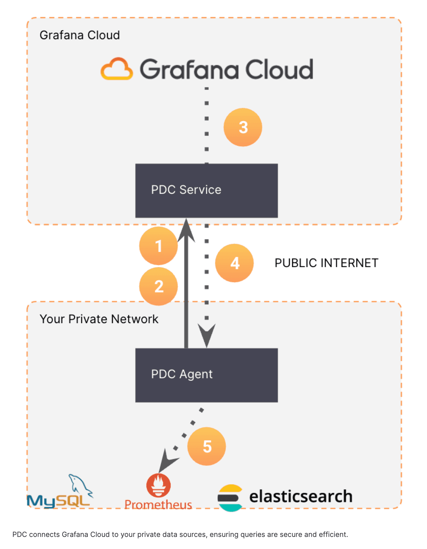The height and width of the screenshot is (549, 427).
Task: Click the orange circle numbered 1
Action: pyautogui.click(x=158, y=246)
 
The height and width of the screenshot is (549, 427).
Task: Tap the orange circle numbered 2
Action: pyautogui.click(x=158, y=286)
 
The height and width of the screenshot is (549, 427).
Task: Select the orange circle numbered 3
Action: pyautogui.click(x=243, y=127)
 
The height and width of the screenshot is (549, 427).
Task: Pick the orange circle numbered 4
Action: pyautogui.click(x=234, y=263)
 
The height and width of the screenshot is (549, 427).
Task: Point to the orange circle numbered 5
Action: pyautogui.click(x=207, y=446)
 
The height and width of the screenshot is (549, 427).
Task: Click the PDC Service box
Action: pyautogui.click(x=206, y=191)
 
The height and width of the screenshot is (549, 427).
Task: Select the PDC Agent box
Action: pyautogui.click(x=206, y=375)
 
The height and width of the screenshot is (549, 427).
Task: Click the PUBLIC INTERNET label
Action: pyautogui.click(x=326, y=263)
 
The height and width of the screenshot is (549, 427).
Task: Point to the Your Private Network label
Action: pyautogui.click(x=99, y=319)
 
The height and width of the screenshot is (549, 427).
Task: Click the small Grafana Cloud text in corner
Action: pyautogui.click(x=80, y=35)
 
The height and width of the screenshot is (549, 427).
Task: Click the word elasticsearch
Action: pyautogui.click(x=301, y=496)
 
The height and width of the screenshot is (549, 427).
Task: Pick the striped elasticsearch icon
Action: pyautogui.click(x=230, y=498)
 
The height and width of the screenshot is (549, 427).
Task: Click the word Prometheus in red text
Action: pyautogui.click(x=158, y=505)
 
